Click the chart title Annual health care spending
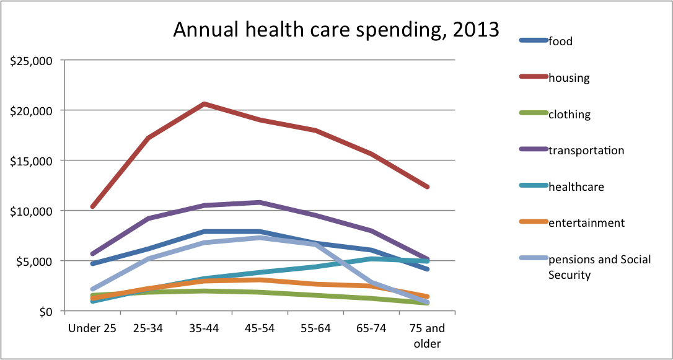click(x=336, y=30)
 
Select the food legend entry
click(x=560, y=42)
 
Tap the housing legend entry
click(x=568, y=78)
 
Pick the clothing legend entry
click(x=569, y=115)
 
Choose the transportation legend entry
click(x=586, y=151)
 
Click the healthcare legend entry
click(x=576, y=187)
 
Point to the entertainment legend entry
click(x=586, y=223)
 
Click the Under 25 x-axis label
click(x=92, y=328)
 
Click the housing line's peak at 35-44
click(x=204, y=103)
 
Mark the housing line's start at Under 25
click(x=92, y=206)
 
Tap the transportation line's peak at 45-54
click(x=260, y=202)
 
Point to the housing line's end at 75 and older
click(x=427, y=187)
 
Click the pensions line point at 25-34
click(x=148, y=258)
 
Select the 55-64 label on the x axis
click(x=315, y=328)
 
